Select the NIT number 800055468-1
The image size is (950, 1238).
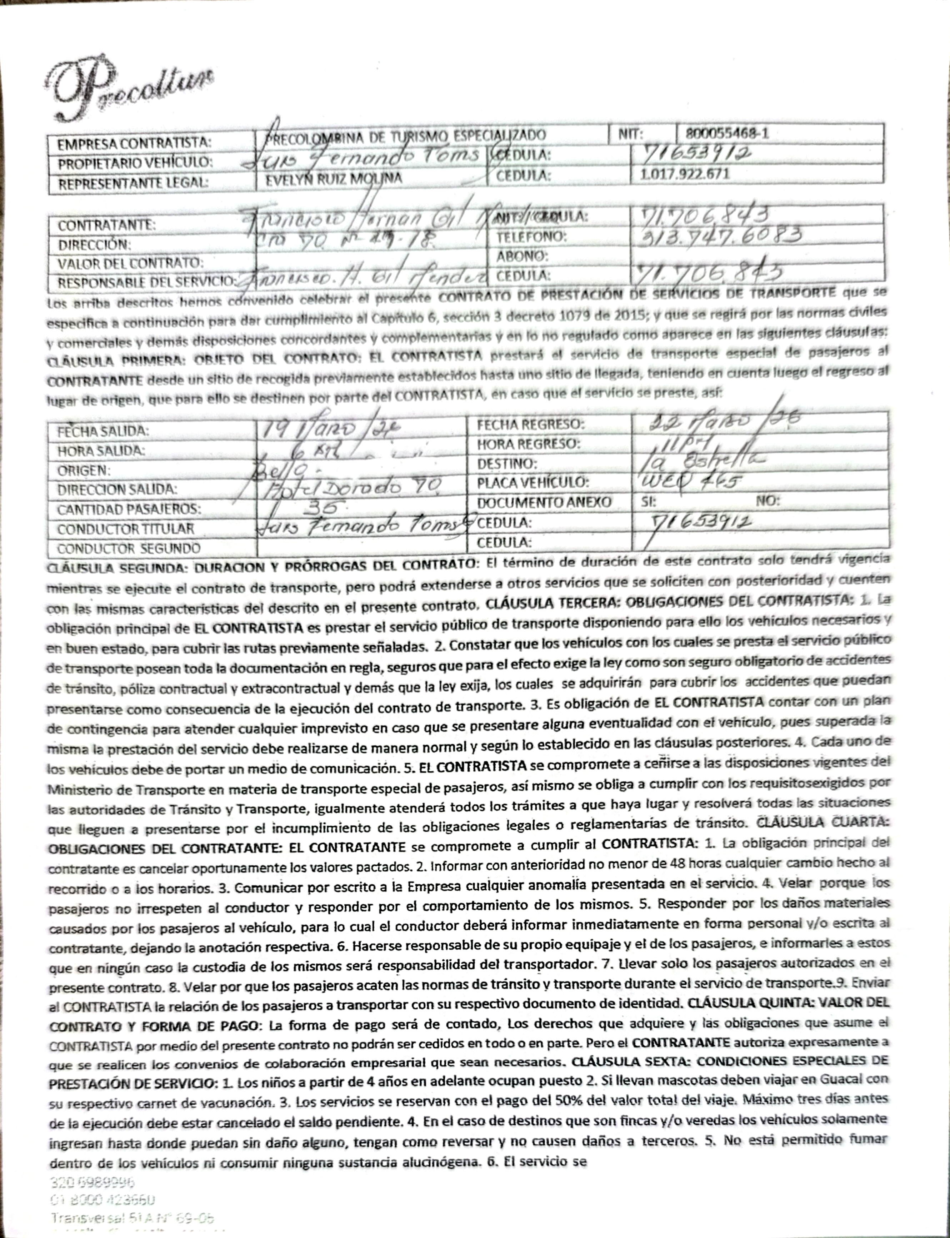(x=727, y=134)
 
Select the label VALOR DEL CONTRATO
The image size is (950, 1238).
(x=130, y=263)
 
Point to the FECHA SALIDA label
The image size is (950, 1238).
(x=103, y=432)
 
